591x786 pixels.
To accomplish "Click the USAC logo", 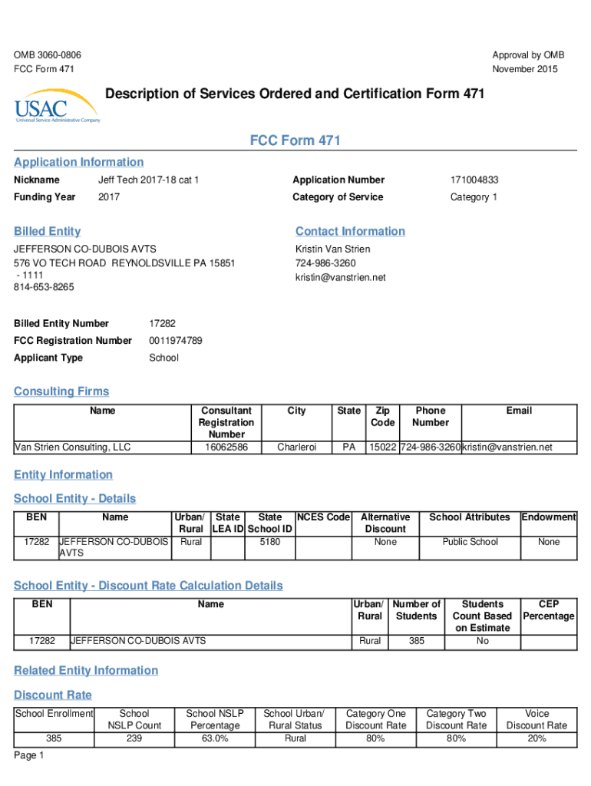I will click(x=56, y=106).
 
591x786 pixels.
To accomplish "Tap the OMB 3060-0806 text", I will click(x=48, y=55).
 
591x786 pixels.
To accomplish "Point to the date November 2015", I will click(x=525, y=69).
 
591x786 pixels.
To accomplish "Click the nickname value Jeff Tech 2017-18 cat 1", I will click(x=148, y=180).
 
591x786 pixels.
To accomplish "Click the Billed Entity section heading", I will click(x=48, y=232).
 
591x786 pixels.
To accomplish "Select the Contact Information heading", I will click(x=350, y=232).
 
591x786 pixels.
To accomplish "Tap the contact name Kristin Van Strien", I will click(x=332, y=249).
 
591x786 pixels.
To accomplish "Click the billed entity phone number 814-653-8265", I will click(x=45, y=288).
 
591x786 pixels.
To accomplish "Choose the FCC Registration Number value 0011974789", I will click(x=176, y=341).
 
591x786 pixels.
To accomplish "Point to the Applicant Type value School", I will click(x=163, y=358).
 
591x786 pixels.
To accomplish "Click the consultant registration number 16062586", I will click(x=226, y=447).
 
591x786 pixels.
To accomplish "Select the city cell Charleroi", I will click(x=296, y=447).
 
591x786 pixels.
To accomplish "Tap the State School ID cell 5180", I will click(x=269, y=542).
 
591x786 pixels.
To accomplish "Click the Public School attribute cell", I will click(x=470, y=542).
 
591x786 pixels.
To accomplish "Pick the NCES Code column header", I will click(x=323, y=517).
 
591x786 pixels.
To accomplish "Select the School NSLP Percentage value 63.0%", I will click(x=215, y=738).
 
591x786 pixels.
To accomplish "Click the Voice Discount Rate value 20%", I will click(x=537, y=738).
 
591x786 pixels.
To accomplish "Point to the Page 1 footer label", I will click(x=29, y=756).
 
